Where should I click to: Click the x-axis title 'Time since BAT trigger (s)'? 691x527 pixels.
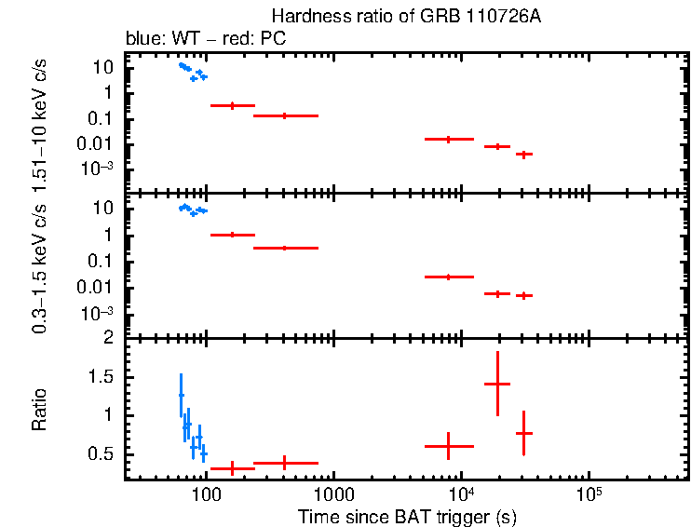pyautogui.click(x=406, y=516)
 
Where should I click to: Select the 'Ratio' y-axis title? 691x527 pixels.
pyautogui.click(x=39, y=410)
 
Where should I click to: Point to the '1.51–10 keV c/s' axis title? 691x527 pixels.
pyautogui.click(x=39, y=123)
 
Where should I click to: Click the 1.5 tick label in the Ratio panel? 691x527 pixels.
pyautogui.click(x=103, y=376)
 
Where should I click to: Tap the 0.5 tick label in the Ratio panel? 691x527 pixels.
pyautogui.click(x=103, y=453)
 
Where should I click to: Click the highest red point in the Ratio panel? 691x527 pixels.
pyautogui.click(x=497, y=384)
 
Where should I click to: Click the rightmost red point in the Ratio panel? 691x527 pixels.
pyautogui.click(x=524, y=433)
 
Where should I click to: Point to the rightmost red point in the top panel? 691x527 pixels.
pyautogui.click(x=524, y=155)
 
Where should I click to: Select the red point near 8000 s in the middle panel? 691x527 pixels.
pyautogui.click(x=449, y=277)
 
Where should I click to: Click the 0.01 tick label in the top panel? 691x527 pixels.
pyautogui.click(x=99, y=143)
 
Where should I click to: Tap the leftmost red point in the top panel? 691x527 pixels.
pyautogui.click(x=232, y=105)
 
